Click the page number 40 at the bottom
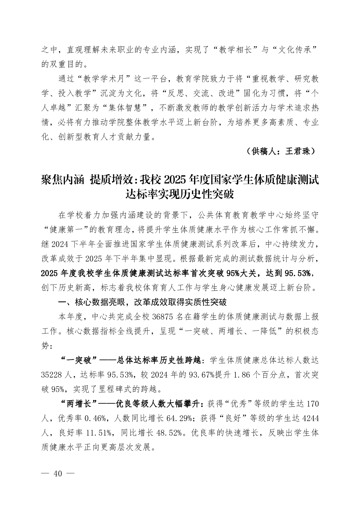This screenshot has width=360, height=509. coord(57,474)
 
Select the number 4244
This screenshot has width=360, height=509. coord(310,418)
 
